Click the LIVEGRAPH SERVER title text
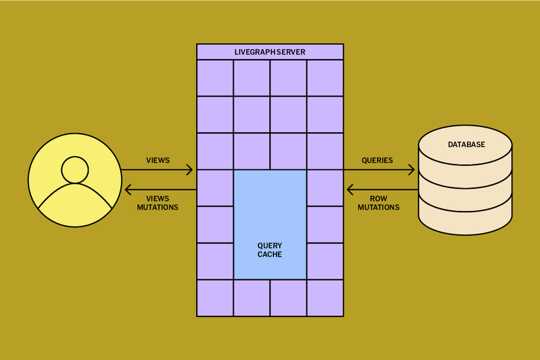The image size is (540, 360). click(x=269, y=52)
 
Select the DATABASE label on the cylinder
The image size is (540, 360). click(x=466, y=144)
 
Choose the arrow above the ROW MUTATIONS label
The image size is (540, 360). click(x=381, y=189)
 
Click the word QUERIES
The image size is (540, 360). click(x=377, y=161)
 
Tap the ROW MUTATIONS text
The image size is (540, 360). click(x=378, y=203)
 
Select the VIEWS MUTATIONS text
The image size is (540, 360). click(x=158, y=203)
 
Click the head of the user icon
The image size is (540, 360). click(x=75, y=169)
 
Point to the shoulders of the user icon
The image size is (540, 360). click(x=75, y=201)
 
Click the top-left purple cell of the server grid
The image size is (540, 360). click(x=215, y=78)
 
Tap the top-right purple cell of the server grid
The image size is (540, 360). click(x=325, y=78)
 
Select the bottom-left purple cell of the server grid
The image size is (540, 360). click(x=215, y=298)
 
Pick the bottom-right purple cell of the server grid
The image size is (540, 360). click(x=325, y=298)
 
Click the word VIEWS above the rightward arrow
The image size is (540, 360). click(x=158, y=161)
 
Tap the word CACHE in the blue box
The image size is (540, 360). click(x=269, y=255)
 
